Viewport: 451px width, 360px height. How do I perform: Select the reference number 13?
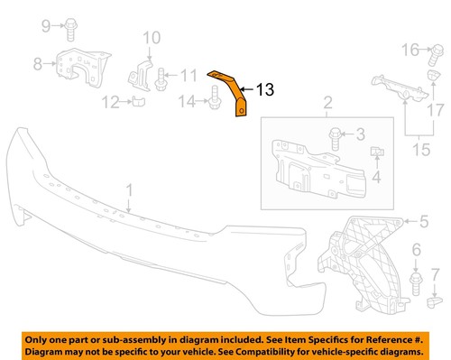264,89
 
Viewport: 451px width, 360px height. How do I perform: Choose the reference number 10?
151,38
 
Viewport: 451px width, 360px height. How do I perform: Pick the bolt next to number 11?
161,77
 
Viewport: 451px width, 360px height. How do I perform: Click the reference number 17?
437,109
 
